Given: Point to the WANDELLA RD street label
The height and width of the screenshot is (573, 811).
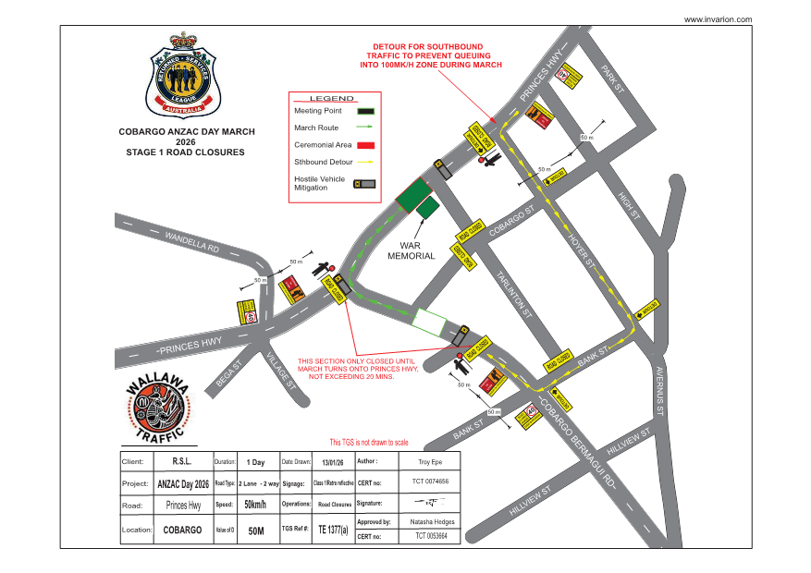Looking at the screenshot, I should click(x=192, y=243).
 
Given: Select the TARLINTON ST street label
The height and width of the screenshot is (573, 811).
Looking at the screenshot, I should click(x=512, y=295).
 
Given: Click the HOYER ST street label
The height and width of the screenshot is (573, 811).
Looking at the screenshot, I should click(x=582, y=248).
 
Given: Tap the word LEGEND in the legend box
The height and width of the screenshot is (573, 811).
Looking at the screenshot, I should click(x=331, y=98).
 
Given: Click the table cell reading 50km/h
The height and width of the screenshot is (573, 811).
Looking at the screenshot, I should click(x=255, y=506).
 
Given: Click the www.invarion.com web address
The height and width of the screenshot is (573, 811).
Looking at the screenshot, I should click(x=718, y=19).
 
